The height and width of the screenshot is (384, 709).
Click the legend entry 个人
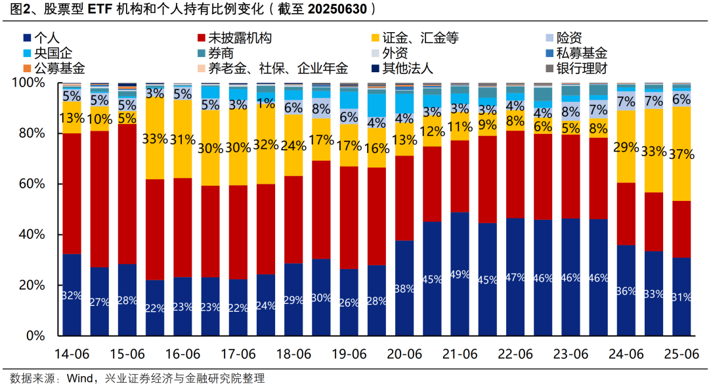(45, 38)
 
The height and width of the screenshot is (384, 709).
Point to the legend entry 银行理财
(581, 68)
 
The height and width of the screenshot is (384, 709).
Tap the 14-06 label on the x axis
(72, 354)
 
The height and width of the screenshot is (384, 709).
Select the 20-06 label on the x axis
(404, 354)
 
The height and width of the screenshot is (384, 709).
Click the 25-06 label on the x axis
(681, 354)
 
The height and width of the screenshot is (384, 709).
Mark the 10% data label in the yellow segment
(100, 119)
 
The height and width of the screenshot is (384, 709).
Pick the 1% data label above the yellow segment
(266, 103)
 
